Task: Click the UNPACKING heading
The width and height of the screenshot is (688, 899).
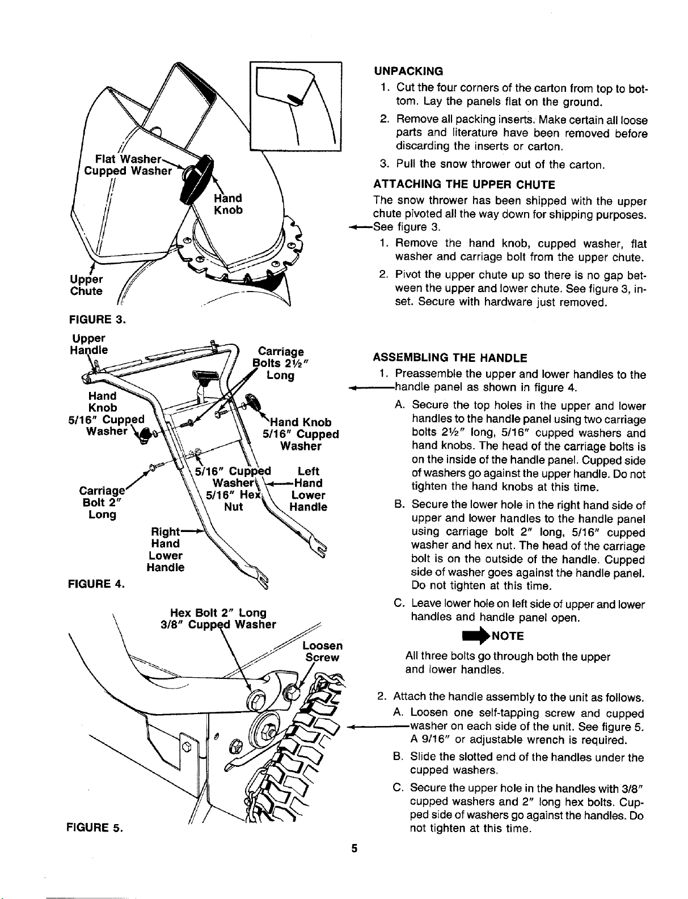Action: tap(408, 71)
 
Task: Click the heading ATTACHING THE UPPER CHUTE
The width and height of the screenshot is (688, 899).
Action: tap(464, 185)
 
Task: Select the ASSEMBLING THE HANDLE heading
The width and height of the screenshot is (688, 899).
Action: tap(450, 358)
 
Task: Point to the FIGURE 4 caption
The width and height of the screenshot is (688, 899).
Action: tap(96, 584)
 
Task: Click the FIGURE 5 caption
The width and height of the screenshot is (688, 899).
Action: tap(95, 828)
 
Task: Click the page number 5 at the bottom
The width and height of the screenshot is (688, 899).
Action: tap(354, 848)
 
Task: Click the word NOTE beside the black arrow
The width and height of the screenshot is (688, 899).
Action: tap(508, 636)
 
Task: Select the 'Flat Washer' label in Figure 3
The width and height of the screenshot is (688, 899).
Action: tap(128, 159)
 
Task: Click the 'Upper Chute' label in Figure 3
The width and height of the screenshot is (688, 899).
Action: tap(86, 285)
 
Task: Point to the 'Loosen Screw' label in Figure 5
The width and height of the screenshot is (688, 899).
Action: tap(323, 652)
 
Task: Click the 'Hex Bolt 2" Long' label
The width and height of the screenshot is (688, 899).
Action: tap(218, 613)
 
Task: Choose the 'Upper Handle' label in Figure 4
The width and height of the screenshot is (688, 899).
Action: tap(89, 344)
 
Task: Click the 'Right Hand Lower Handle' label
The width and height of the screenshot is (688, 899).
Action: tap(166, 550)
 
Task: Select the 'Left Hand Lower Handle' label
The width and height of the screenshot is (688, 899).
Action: tap(309, 489)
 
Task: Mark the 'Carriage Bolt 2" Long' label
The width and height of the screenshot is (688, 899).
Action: tap(102, 503)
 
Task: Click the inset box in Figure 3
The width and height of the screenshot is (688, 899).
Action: tap(296, 62)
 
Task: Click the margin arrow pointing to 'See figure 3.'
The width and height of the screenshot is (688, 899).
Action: tap(360, 227)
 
